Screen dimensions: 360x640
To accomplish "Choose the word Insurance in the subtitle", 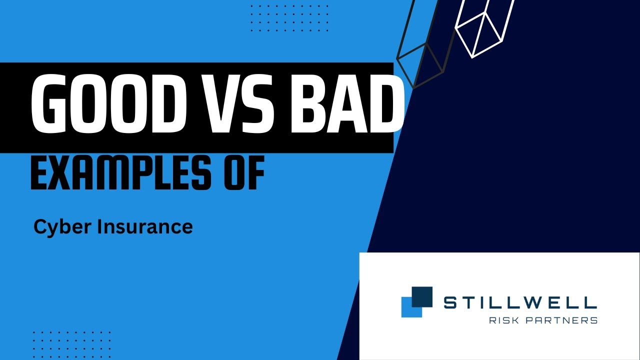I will tap(144, 227).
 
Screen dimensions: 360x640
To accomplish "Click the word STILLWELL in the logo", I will tap(520, 302).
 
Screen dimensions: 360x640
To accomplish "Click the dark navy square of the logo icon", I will tap(422, 296).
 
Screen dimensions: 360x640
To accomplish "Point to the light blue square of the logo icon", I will tap(408, 309).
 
